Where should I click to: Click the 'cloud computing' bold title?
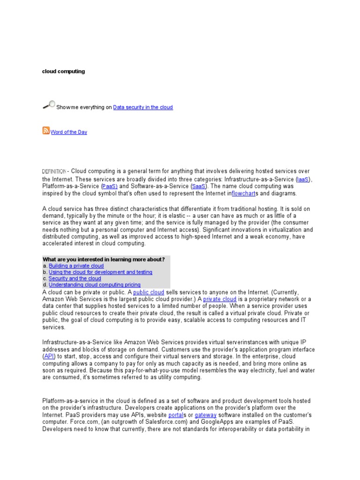[x=64, y=72]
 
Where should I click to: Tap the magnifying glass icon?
[x=49, y=105]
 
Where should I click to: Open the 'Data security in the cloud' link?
[x=143, y=107]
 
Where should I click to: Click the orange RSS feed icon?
[x=46, y=131]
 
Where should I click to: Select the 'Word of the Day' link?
[x=69, y=132]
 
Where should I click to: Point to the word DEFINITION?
[x=54, y=172]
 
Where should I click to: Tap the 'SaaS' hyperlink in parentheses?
[x=199, y=186]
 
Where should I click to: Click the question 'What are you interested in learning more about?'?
[x=104, y=259]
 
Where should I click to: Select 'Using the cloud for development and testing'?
[x=100, y=272]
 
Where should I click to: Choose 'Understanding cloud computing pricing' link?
[x=95, y=285]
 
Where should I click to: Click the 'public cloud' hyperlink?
[x=149, y=292]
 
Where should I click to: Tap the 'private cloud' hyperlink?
[x=220, y=299]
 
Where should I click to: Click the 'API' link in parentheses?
[x=49, y=356]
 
